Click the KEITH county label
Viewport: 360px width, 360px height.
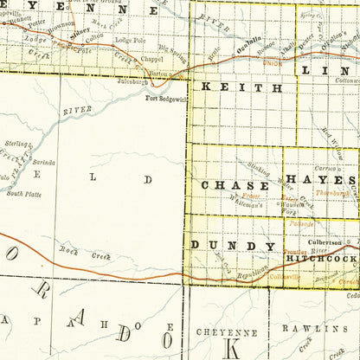pyautogui.click(x=241, y=88)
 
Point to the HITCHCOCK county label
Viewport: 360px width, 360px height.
pyautogui.click(x=322, y=259)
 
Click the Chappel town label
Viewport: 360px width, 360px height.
pyautogui.click(x=127, y=61)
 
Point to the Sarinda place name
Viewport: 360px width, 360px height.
pyautogui.click(x=44, y=162)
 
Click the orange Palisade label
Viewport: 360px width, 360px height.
pyautogui.click(x=302, y=222)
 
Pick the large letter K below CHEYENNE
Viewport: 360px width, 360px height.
pyautogui.click(x=232, y=350)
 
